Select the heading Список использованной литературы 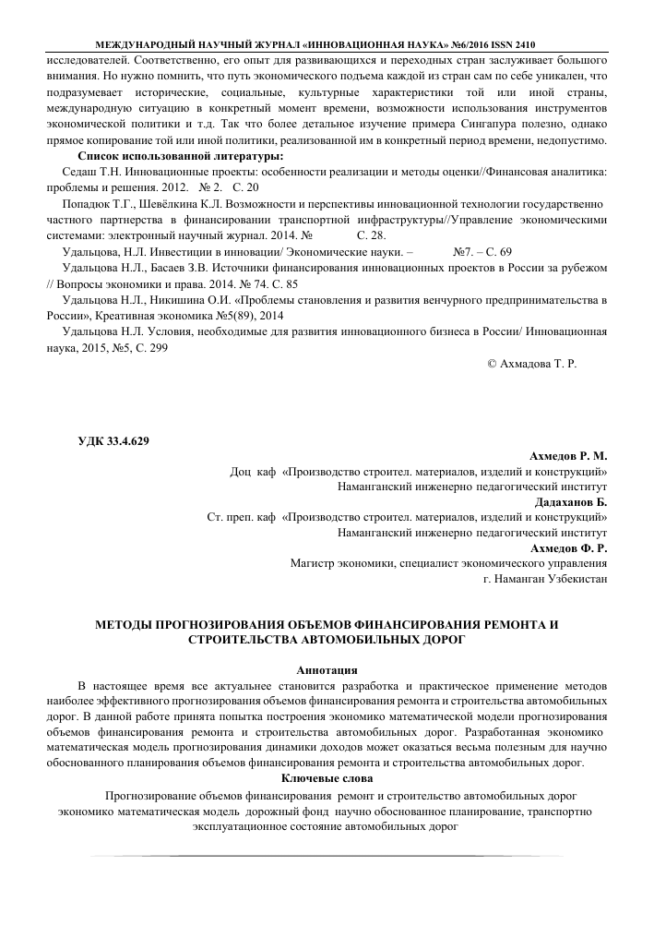coord(181,156)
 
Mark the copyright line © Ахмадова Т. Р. coord(530,365)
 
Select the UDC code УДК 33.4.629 coord(114,439)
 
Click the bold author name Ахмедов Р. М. coord(569,455)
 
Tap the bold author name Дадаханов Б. coord(572,502)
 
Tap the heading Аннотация coord(327,669)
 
